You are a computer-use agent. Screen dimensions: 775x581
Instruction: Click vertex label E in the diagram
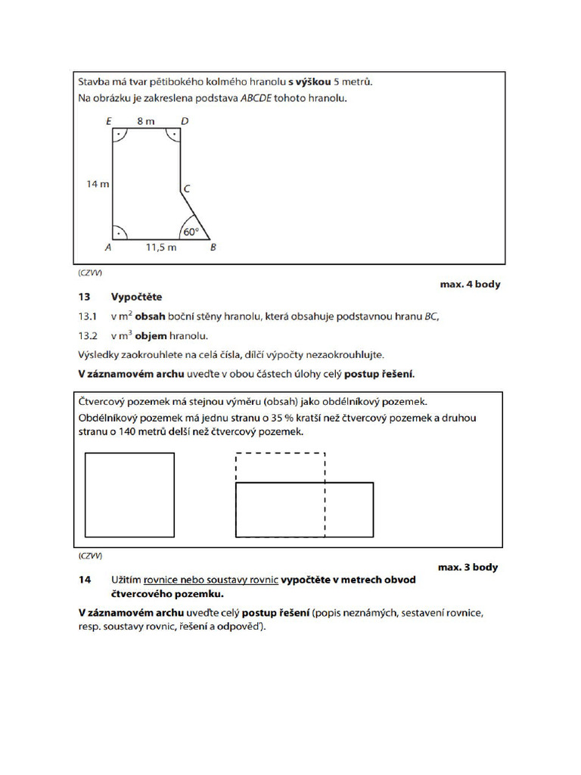109,120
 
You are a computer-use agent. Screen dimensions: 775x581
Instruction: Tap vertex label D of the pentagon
185,120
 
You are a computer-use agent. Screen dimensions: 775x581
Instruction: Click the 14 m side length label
97,184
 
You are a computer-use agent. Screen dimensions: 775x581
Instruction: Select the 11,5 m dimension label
160,247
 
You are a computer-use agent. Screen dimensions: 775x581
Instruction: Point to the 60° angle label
191,232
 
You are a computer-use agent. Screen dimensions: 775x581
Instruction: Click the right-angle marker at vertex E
119,135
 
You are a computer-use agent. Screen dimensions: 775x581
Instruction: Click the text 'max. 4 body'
470,285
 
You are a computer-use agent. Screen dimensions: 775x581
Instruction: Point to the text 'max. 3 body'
468,567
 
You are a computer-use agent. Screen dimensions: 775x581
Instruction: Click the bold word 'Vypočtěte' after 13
136,297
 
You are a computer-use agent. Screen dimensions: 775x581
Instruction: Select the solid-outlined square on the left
129,495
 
